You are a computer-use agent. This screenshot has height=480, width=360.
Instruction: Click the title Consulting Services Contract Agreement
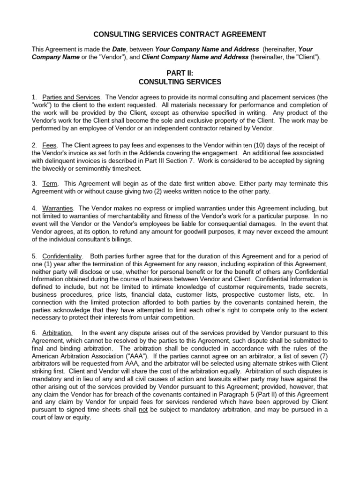click(x=180, y=34)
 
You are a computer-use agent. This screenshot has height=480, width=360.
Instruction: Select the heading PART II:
click(x=180, y=73)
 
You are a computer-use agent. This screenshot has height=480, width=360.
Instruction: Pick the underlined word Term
click(x=49, y=183)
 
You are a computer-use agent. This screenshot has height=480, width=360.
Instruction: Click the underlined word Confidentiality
click(x=62, y=256)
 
